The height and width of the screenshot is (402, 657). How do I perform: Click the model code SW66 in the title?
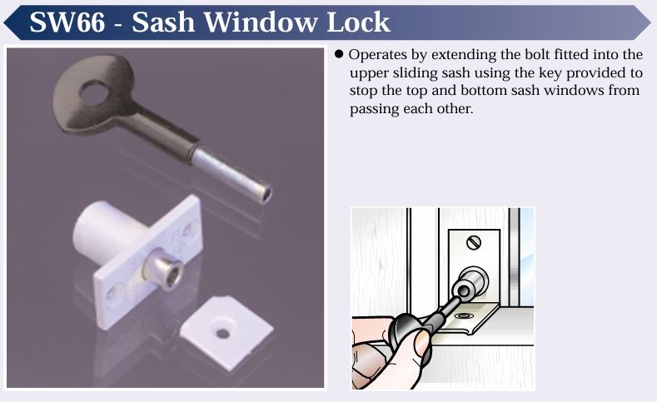67,22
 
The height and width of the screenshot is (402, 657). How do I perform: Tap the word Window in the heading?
260,22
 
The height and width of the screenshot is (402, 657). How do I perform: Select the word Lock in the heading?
358,22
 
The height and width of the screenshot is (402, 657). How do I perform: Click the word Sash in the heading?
163,22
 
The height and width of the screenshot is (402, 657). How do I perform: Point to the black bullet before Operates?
339,54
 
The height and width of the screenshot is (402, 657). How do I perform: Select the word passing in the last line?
374,109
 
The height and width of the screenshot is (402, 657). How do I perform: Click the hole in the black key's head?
93,92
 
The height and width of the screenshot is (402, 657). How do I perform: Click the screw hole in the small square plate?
222,333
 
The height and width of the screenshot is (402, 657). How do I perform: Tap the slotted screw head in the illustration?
474,242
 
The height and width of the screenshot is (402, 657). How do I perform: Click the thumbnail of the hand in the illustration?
421,342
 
